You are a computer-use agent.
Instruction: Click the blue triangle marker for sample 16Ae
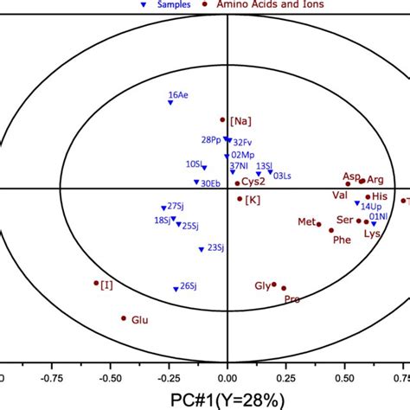[x=170, y=103]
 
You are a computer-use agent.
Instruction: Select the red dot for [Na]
[x=222, y=120]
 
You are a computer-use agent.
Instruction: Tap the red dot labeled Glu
[x=123, y=318]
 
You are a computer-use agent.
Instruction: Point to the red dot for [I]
[x=96, y=282]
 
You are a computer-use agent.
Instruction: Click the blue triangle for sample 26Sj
[x=175, y=289]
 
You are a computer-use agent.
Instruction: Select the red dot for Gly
[x=274, y=284]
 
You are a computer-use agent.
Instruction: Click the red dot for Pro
[x=284, y=288]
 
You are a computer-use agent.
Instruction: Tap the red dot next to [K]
[x=240, y=198]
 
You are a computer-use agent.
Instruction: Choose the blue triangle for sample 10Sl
[x=204, y=167]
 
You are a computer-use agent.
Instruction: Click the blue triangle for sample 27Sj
[x=163, y=208]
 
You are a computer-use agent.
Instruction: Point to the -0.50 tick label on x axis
[x=110, y=378]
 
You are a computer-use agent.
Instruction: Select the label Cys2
[x=253, y=182]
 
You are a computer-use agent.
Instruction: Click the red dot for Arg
[x=362, y=181]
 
